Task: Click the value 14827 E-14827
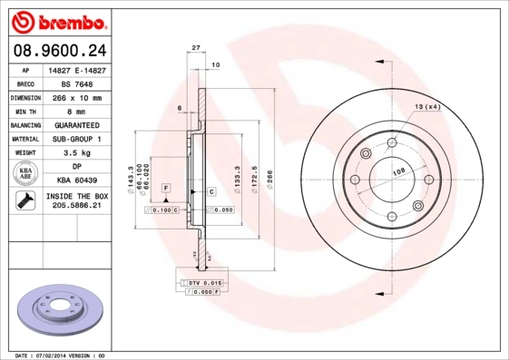[x=76, y=69]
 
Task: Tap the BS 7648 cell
[x=76, y=83]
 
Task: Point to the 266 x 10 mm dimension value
[x=76, y=97]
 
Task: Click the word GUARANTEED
[x=76, y=124]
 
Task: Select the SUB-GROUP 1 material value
[x=76, y=139]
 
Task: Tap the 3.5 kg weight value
[x=76, y=153]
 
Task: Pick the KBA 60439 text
[x=76, y=181]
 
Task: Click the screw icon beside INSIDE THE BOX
[x=23, y=201]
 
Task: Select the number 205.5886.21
[x=76, y=208]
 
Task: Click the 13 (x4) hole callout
[x=427, y=108]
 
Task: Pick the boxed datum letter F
[x=167, y=187]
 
